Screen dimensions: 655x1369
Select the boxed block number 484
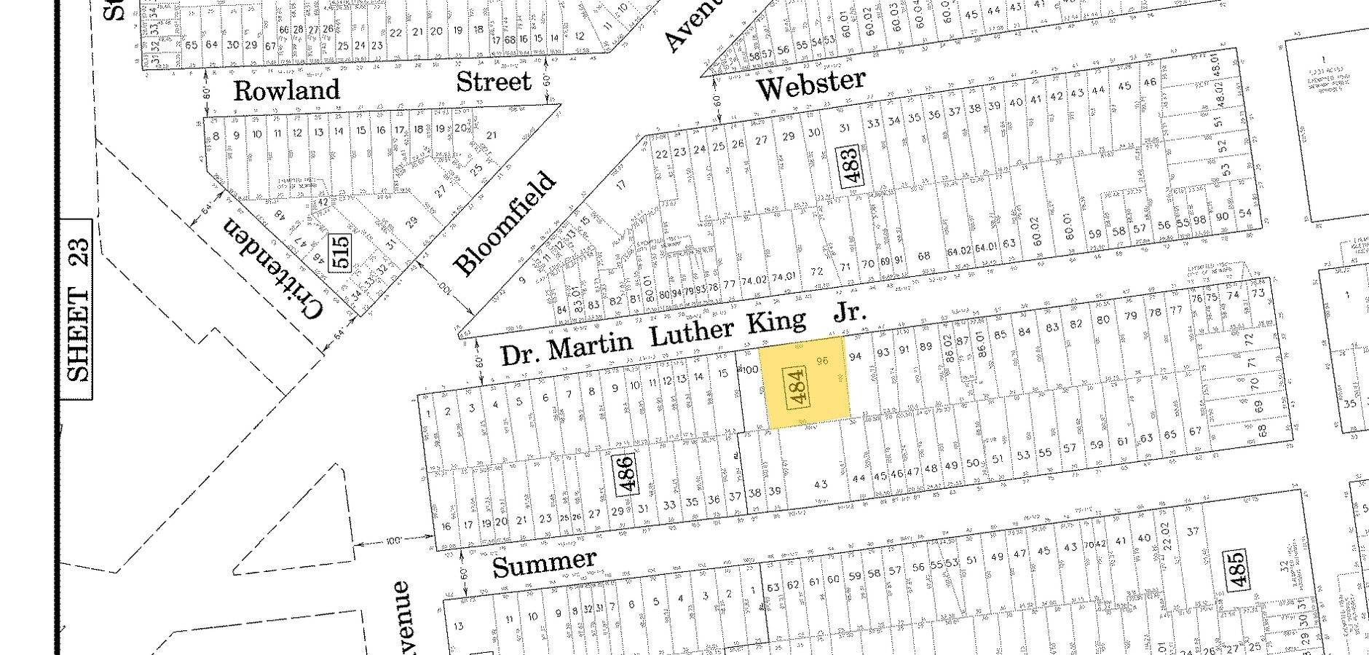[797, 388]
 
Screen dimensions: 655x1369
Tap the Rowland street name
[287, 90]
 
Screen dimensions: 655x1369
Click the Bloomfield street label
[505, 224]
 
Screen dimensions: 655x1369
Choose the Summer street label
[544, 563]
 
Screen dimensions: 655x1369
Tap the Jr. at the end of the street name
[850, 313]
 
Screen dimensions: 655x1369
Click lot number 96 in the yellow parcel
[823, 361]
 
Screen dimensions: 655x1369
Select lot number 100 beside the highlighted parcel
[749, 370]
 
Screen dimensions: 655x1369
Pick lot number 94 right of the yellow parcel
[856, 356]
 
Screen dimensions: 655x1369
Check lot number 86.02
[947, 348]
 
